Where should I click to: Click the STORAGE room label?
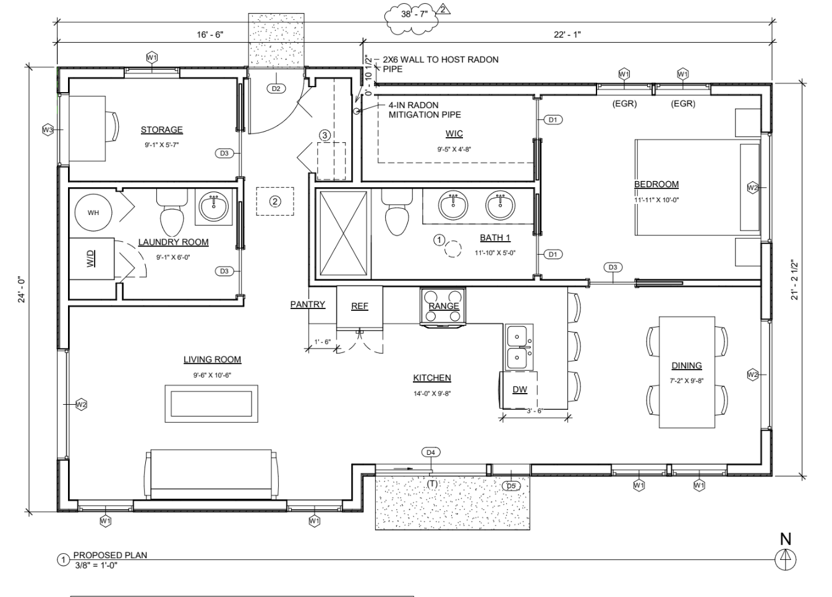pos(161,130)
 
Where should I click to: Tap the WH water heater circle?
pos(93,213)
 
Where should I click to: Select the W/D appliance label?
pos(90,258)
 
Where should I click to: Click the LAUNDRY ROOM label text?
pos(173,242)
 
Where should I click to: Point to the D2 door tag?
pos(276,88)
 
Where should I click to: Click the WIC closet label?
pos(454,134)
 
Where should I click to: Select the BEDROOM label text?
pos(656,184)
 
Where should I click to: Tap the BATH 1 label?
pos(495,238)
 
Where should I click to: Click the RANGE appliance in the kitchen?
pos(443,306)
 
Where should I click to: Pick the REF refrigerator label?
pos(359,306)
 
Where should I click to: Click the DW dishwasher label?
pos(519,389)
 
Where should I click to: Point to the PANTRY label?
pos(307,304)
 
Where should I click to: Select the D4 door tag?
pos(431,452)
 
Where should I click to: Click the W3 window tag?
pos(48,130)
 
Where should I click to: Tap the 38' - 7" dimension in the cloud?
pos(414,14)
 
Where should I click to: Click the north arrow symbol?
pos(785,559)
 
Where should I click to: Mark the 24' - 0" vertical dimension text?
pos(22,289)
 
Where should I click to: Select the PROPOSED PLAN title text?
pos(110,555)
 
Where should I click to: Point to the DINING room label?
pos(686,366)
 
